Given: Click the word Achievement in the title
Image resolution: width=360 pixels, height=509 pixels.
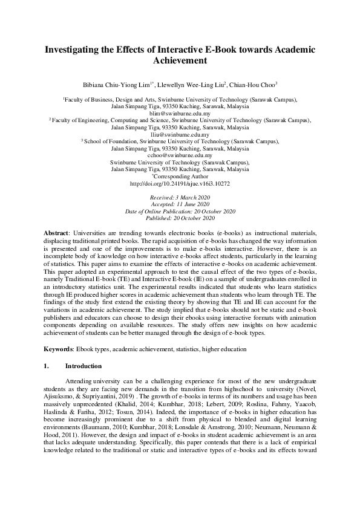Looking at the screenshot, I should click(x=180, y=61).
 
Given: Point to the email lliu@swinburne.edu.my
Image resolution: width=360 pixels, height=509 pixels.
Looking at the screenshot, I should click(x=180, y=134).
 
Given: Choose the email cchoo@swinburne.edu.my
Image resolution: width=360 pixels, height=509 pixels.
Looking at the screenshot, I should click(x=180, y=155).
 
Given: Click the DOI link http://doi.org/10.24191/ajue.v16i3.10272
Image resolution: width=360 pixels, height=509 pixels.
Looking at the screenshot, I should click(x=180, y=183).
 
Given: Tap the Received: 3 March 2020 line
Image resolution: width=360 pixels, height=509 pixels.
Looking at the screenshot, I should click(x=180, y=198).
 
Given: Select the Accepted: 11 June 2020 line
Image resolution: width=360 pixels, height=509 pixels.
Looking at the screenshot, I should click(x=180, y=204).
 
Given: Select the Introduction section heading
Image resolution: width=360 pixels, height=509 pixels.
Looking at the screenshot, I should click(x=83, y=366).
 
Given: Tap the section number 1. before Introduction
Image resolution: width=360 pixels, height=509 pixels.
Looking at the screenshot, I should click(x=47, y=366).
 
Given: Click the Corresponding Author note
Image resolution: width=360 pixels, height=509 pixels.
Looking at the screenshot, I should click(x=180, y=177).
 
